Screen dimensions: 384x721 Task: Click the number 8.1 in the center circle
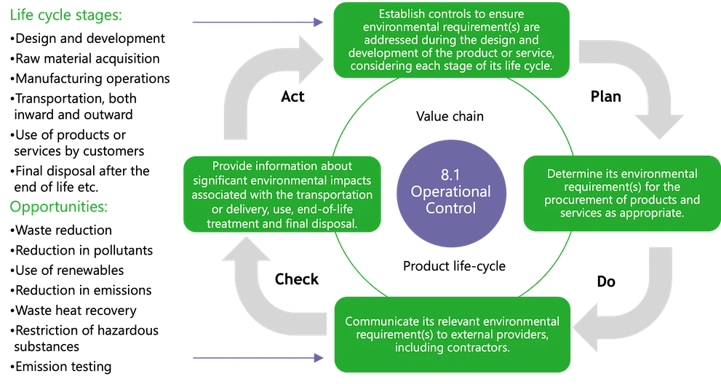(450, 175)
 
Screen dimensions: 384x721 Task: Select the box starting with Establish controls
(450, 40)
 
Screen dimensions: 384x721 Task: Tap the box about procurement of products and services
(621, 193)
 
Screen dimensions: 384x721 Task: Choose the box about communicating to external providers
(452, 334)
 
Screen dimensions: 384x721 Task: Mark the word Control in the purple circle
(450, 208)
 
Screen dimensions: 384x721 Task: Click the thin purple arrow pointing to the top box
(255, 23)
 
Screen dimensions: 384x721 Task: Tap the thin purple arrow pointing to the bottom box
(255, 357)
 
